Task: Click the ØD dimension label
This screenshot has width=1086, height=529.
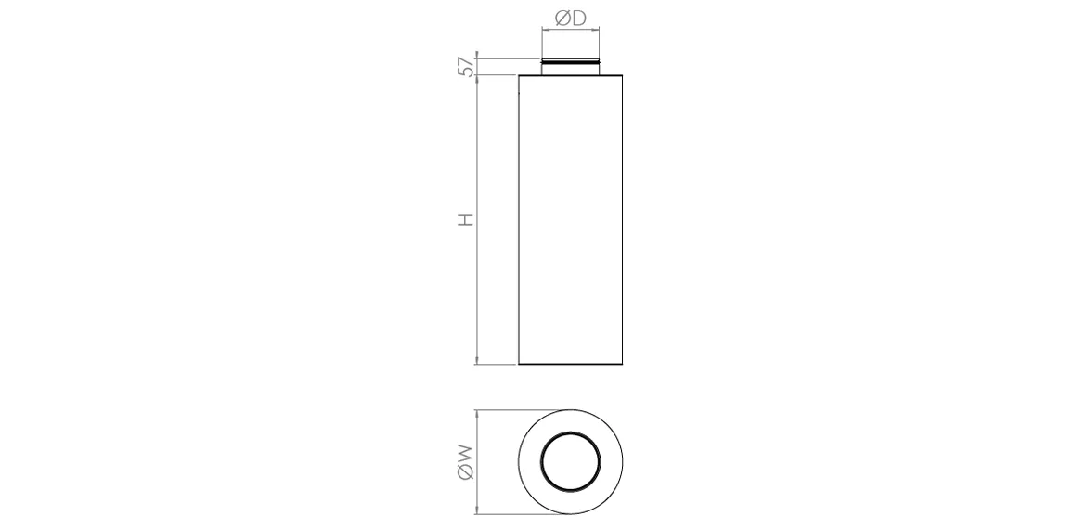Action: pos(570,19)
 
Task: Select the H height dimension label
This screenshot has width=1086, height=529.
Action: pos(466,220)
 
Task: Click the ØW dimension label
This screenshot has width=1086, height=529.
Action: pos(466,461)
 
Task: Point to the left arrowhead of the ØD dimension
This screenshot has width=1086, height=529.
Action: pos(545,31)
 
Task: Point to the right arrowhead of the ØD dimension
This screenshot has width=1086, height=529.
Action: pos(596,31)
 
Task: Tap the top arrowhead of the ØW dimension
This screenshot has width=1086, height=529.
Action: pos(476,415)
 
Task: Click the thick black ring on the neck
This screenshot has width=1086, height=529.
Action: pos(570,63)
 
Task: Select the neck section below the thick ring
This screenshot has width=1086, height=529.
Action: pos(570,71)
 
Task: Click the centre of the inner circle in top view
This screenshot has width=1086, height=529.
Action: pos(570,461)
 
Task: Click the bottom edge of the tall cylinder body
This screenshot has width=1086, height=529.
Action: pos(570,365)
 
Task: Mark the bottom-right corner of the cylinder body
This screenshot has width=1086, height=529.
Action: pos(622,365)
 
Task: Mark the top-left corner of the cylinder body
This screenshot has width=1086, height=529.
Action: pos(518,75)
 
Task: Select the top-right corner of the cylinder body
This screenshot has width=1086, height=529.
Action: pos(622,75)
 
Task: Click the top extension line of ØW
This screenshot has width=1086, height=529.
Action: pos(520,410)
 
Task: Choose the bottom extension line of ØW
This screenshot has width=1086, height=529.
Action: pos(520,512)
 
